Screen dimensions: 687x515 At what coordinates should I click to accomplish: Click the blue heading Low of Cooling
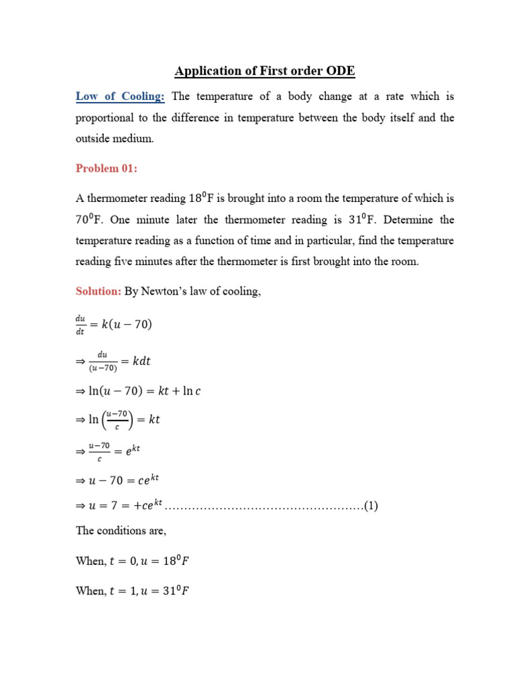120,97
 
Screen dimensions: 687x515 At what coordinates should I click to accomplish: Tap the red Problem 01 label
107,168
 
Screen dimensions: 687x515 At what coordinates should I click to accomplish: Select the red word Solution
98,293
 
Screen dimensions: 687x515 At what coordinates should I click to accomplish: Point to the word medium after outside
134,139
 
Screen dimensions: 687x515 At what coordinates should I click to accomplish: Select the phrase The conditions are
120,530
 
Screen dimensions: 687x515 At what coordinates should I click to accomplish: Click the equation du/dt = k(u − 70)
114,325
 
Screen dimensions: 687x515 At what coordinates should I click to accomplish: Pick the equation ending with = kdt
114,362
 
